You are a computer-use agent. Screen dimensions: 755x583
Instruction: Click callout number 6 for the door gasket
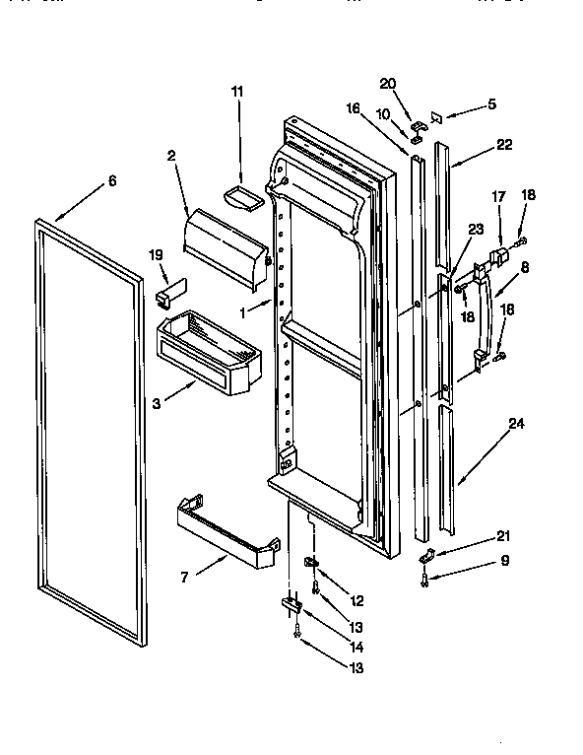[111, 181]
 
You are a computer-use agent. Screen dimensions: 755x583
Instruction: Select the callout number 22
[505, 144]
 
